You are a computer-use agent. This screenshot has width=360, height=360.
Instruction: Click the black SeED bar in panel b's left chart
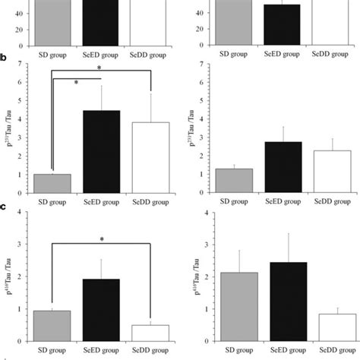(x=101, y=152)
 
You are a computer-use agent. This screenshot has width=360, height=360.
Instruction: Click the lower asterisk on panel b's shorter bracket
(x=76, y=82)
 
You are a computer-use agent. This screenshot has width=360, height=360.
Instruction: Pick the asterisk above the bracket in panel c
(x=101, y=239)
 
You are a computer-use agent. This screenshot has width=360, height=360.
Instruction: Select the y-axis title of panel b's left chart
(x=11, y=131)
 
